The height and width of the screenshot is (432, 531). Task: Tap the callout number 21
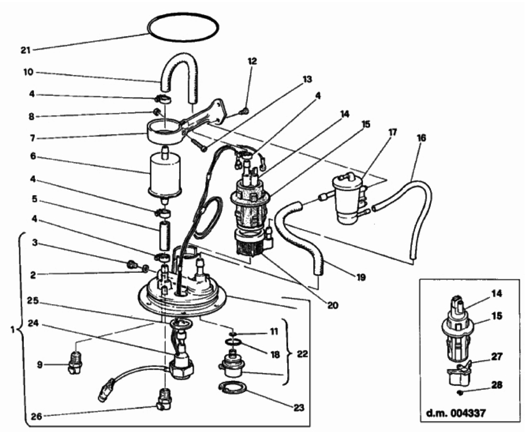pyautogui.click(x=25, y=50)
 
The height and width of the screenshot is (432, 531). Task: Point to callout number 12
pyautogui.click(x=252, y=61)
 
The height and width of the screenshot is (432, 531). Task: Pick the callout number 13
pyautogui.click(x=307, y=79)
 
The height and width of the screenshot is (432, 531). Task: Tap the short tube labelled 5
pyautogui.click(x=165, y=235)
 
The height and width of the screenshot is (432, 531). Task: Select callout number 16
pyautogui.click(x=421, y=138)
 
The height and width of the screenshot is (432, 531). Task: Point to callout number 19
pyautogui.click(x=361, y=277)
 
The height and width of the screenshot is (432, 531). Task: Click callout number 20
pyautogui.click(x=333, y=305)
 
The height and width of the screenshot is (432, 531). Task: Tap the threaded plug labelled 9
pyautogui.click(x=75, y=365)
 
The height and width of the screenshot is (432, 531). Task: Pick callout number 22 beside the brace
pyautogui.click(x=302, y=354)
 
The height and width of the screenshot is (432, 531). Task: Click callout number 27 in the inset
pyautogui.click(x=496, y=357)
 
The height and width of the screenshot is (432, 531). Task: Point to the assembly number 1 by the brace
pyautogui.click(x=13, y=330)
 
